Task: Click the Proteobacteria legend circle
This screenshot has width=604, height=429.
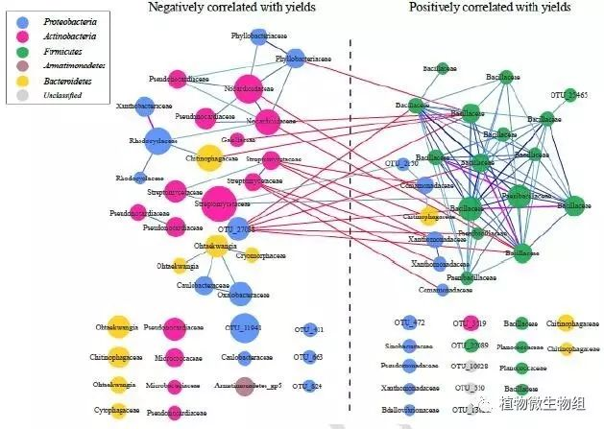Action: pyautogui.click(x=21, y=18)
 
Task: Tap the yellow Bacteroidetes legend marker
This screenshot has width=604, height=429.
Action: pyautogui.click(x=21, y=83)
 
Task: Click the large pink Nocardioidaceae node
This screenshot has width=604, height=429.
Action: pyautogui.click(x=248, y=89)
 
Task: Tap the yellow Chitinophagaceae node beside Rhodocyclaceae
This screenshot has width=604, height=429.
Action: pyautogui.click(x=208, y=157)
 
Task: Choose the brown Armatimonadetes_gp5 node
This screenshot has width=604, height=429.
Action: pyautogui.click(x=244, y=388)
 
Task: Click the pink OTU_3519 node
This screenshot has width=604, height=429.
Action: pyautogui.click(x=471, y=323)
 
